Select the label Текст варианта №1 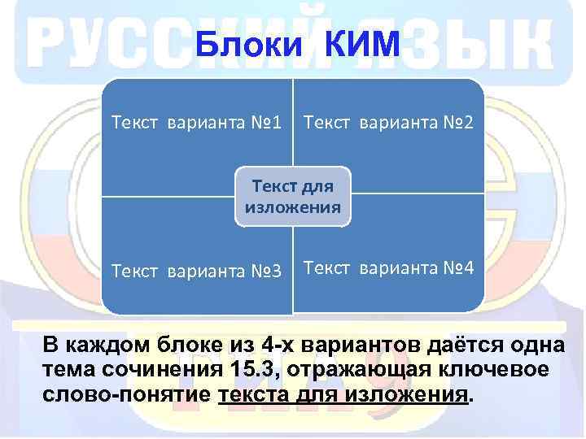[x=196, y=124]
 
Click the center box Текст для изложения [x=293, y=196]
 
